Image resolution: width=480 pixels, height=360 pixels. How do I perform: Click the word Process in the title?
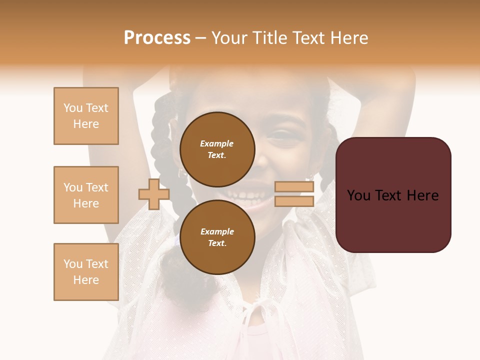tap(157, 38)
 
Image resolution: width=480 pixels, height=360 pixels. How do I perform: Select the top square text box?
tap(86, 116)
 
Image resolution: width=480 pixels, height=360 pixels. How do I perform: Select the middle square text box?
tap(86, 195)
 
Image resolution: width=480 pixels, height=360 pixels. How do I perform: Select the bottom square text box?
tap(86, 271)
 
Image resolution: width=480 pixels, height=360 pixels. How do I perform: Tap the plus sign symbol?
tap(153, 194)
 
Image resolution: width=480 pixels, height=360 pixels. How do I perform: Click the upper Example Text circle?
tap(217, 149)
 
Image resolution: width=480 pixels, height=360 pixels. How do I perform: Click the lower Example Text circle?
tap(217, 237)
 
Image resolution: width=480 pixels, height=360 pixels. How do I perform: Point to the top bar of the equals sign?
tap(294, 187)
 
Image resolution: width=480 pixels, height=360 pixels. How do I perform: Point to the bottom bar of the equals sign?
tap(294, 201)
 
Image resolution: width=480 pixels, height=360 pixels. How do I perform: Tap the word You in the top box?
tap(72, 108)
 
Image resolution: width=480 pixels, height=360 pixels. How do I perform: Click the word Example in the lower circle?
tap(217, 231)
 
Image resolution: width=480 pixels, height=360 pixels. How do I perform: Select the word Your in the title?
tap(230, 38)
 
